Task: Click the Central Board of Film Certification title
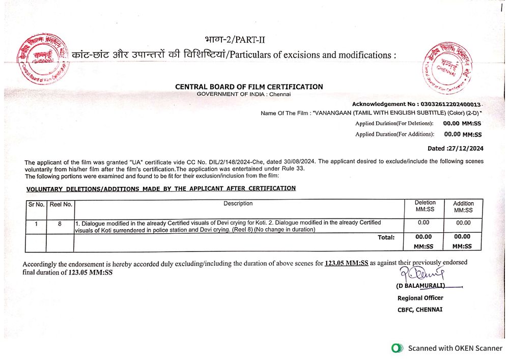point(249,87)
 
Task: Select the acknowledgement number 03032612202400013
point(450,104)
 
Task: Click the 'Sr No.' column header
point(36,205)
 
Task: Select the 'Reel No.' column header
point(61,205)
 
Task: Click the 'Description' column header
point(238,204)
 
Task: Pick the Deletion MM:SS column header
point(425,206)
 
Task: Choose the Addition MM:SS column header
point(463,207)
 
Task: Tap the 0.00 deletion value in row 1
point(423,223)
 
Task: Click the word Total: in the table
point(386,237)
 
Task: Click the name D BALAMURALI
point(421,286)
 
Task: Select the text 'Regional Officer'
point(420,298)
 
